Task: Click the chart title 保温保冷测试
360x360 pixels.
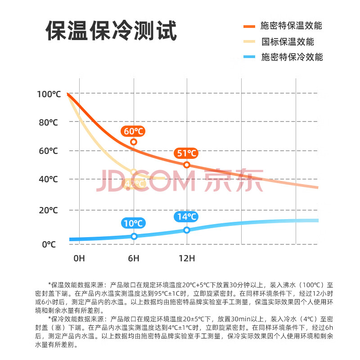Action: (x=111, y=31)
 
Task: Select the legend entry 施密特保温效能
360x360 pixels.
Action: (x=291, y=25)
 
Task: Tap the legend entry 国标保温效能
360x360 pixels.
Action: (x=288, y=41)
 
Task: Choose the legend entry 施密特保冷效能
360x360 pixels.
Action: (x=292, y=57)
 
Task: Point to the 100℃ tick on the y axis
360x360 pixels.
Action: (x=49, y=94)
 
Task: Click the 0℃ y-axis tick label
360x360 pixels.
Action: (x=49, y=244)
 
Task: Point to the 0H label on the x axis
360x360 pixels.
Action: (x=79, y=258)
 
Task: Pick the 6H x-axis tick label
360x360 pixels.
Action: (x=134, y=258)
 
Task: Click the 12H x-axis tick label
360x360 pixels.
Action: (x=187, y=258)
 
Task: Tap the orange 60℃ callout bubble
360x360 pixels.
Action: (x=133, y=131)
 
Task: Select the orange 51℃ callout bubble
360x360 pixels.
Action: (x=187, y=153)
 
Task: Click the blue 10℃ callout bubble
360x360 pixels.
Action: (x=133, y=223)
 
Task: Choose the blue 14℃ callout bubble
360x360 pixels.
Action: (x=187, y=217)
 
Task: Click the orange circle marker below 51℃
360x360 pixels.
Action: (x=187, y=165)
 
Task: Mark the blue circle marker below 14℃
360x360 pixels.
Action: (x=187, y=230)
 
